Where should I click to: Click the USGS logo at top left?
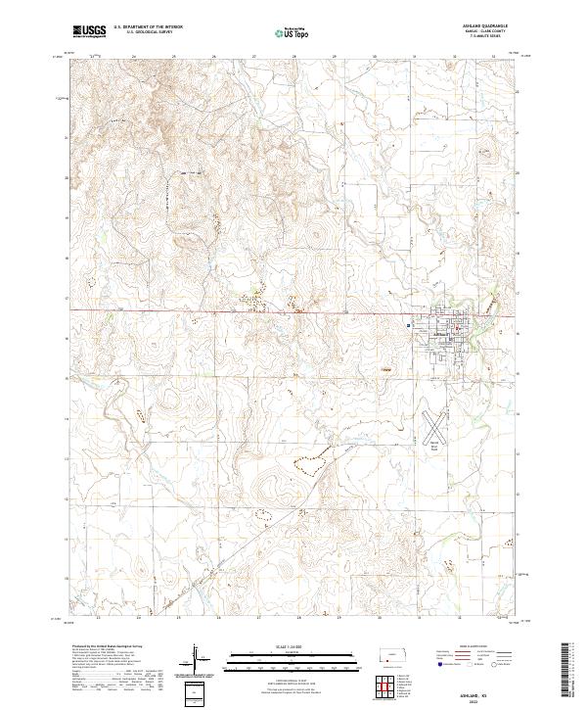point(90,31)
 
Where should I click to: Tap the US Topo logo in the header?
point(293,31)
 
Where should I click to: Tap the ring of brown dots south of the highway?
point(310,463)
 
